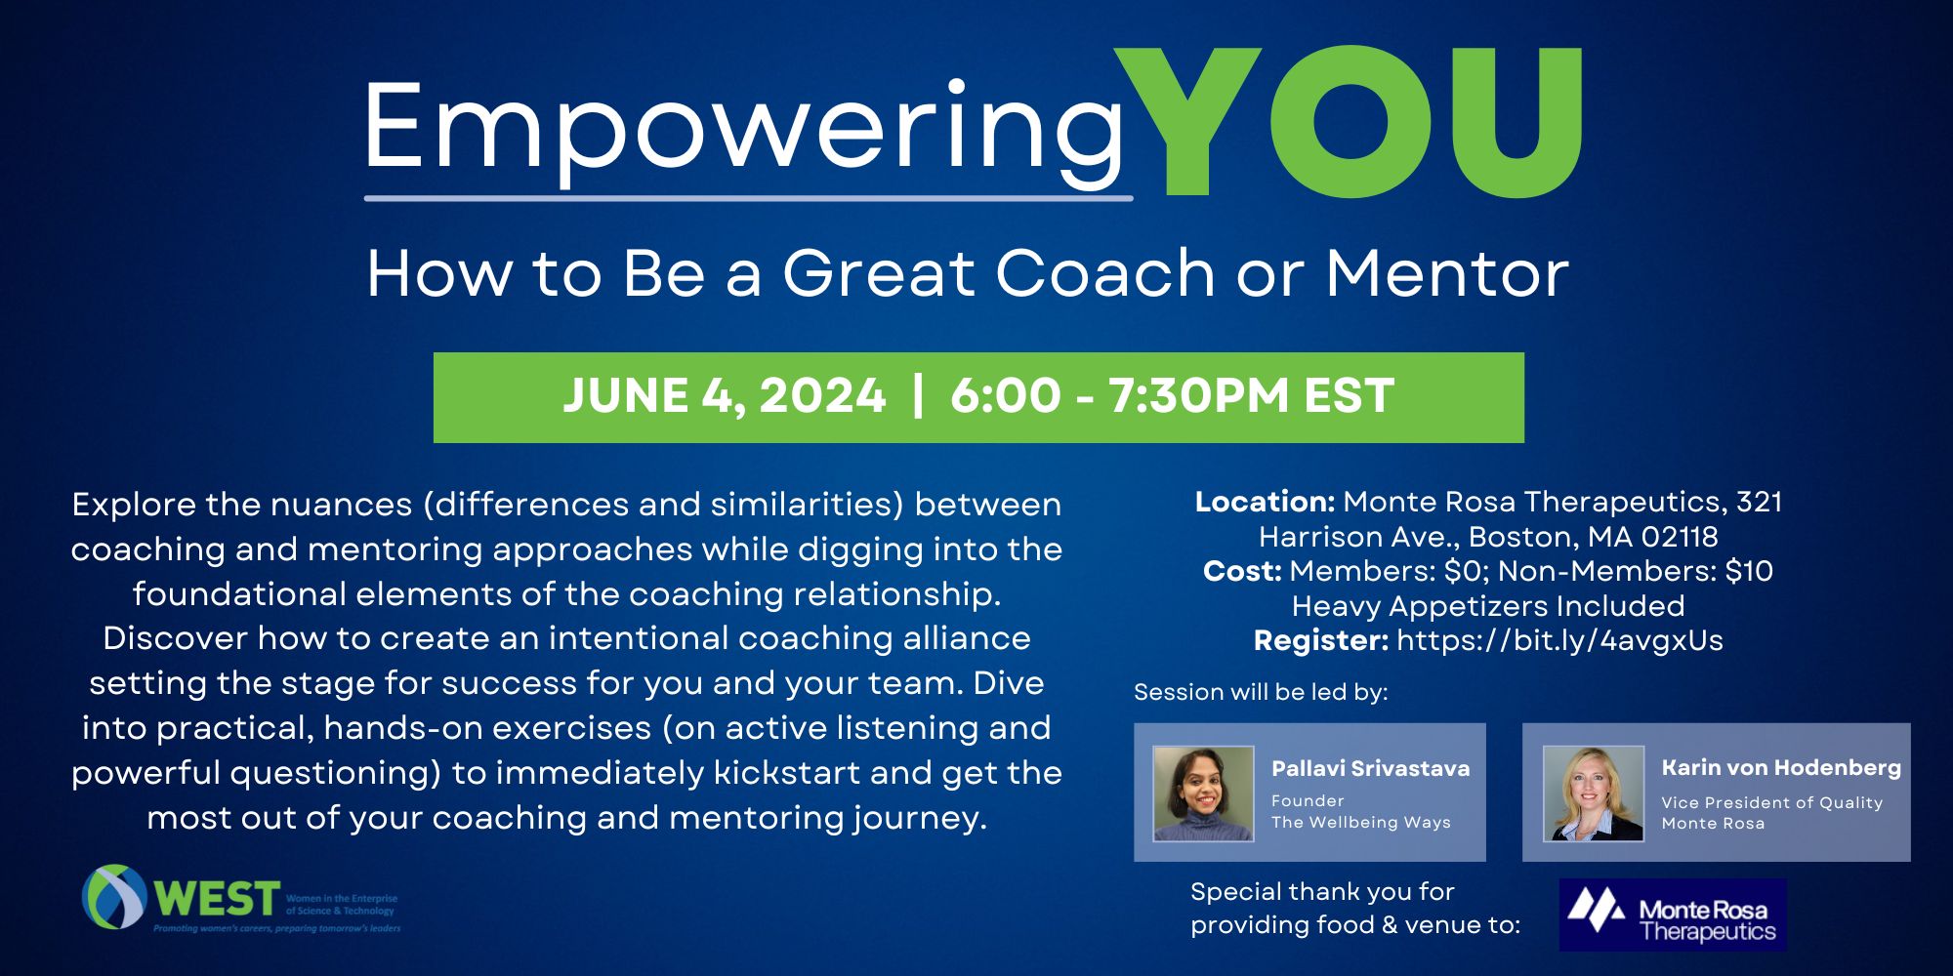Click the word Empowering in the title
coord(747,131)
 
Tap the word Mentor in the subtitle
coord(1447,272)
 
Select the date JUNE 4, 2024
coord(725,396)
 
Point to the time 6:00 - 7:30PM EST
coord(1172,396)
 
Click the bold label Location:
coord(1265,502)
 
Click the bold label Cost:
coord(1242,571)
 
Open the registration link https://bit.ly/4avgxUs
coord(1559,640)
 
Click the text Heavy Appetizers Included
coord(1488,606)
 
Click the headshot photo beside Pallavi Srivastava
coord(1203,793)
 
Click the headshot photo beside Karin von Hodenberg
coord(1594,793)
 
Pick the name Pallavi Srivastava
coord(1370,768)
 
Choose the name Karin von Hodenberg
coord(1781,768)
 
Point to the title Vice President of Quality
coord(1771,802)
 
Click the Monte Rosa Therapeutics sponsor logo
coord(1673,915)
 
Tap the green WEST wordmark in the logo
coord(217,897)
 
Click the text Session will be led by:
coord(1261,692)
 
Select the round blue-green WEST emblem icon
coord(115,896)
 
